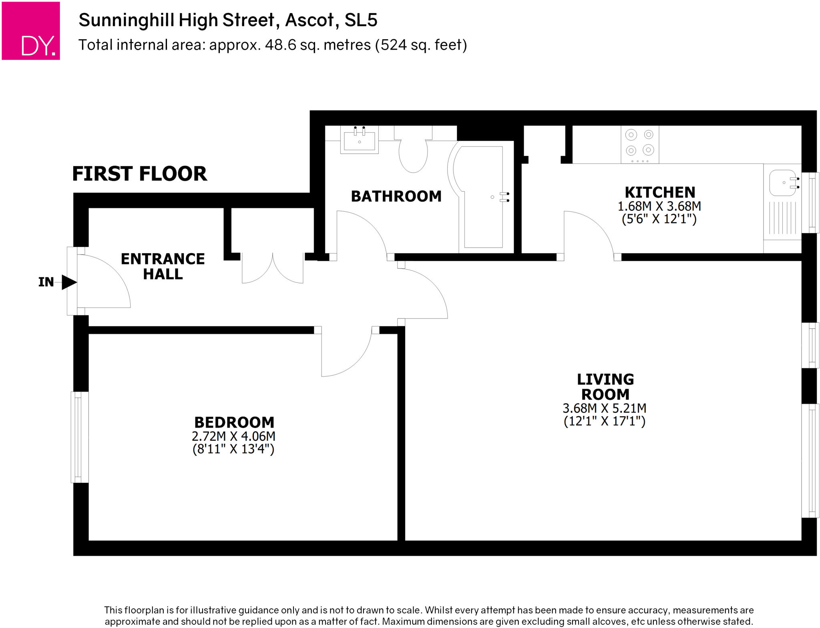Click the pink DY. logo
[x=31, y=31]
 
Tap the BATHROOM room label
[x=396, y=196]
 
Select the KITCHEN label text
[x=659, y=192]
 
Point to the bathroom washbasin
[x=359, y=140]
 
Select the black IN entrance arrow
[x=69, y=282]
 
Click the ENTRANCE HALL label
[x=163, y=266]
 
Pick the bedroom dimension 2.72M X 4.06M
[x=233, y=436]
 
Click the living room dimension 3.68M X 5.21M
[x=604, y=408]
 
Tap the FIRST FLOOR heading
[x=139, y=174]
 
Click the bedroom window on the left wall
[x=79, y=437]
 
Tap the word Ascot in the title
[x=309, y=20]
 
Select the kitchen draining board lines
[x=782, y=218]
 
